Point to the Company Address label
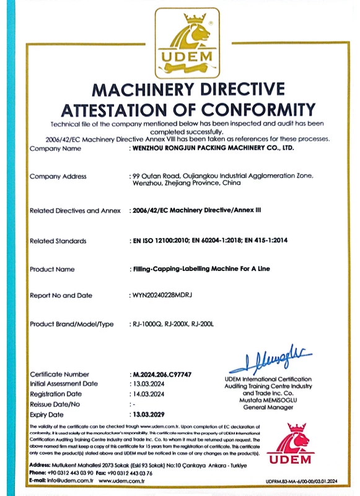(58, 177)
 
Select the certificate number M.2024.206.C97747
(162, 375)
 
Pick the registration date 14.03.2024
(149, 394)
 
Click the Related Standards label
(58, 241)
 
